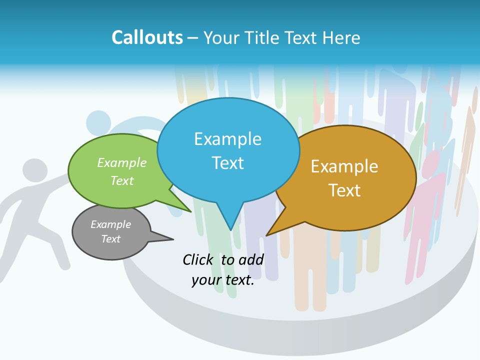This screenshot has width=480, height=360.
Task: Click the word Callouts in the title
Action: [147, 38]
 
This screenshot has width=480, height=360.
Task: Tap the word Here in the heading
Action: [341, 38]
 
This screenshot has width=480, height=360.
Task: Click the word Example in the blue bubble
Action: [227, 139]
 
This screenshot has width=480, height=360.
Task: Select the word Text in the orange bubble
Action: [344, 190]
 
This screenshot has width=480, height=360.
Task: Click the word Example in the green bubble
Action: [122, 163]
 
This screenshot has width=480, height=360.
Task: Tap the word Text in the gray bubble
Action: [111, 239]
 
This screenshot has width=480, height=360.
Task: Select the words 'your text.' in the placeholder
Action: [223, 280]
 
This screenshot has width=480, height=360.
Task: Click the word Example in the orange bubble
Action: [344, 166]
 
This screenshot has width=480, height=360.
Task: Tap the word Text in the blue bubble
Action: [227, 163]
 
